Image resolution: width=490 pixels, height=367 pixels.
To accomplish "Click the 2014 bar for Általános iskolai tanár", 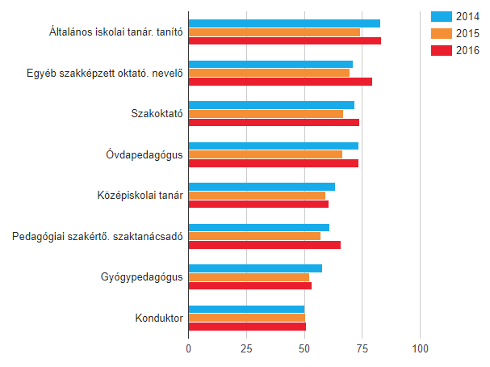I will (284, 23).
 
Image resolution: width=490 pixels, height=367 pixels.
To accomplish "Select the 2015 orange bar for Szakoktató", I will (266, 114).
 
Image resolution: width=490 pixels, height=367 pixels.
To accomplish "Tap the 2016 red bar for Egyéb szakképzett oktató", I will (280, 82).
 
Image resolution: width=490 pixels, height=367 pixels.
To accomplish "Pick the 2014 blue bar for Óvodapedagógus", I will (273, 146).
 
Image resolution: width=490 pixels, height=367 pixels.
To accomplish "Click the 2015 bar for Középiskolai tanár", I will (257, 196).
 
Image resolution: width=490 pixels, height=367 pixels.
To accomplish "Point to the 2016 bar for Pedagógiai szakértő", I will (264, 245).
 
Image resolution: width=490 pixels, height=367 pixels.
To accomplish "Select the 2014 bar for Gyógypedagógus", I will (255, 268).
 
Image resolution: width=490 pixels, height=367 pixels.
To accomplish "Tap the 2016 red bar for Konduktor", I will (247, 327).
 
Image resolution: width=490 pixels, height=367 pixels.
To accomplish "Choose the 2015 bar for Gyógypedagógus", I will (249, 277).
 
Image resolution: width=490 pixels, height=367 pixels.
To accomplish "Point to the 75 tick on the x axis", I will (362, 348).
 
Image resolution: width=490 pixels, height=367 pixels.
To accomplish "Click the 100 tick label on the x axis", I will (420, 348).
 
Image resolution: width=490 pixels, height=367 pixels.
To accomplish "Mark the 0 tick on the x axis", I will (188, 348).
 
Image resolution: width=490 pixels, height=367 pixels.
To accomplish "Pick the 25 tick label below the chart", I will (246, 348).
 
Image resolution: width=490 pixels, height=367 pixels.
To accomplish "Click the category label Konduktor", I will (159, 318).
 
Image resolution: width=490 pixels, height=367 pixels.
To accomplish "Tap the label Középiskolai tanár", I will (140, 195).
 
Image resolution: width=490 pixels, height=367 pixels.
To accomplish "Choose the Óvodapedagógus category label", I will (144, 154).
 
